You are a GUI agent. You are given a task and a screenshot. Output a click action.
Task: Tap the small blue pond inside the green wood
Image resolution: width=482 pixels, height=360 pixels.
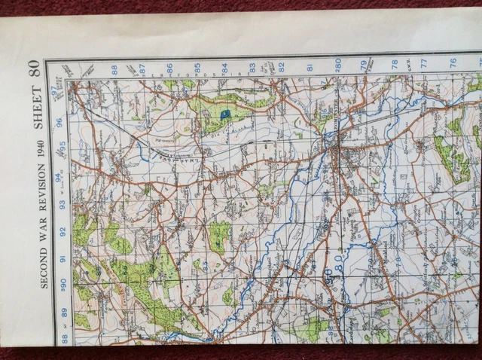pos(225,113)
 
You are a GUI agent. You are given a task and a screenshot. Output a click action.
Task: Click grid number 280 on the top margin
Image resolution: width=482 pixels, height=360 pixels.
pos(337,66)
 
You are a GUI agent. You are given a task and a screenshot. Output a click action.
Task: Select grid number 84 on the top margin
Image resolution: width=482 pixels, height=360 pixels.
pos(224,69)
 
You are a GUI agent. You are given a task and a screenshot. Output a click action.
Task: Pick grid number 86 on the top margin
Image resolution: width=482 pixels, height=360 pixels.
pos(170,69)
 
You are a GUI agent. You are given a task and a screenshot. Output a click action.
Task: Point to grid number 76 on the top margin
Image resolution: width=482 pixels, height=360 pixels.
pos(453,64)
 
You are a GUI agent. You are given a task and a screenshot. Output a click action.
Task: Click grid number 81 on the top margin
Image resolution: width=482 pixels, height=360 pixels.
pos(310,68)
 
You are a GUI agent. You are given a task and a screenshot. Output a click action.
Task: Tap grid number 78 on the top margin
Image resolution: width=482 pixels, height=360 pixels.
pos(395,65)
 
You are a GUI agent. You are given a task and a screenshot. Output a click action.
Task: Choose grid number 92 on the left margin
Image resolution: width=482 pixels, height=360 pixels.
pos(63,231)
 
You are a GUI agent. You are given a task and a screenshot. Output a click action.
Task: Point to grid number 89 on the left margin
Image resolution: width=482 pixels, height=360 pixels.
pos(64,312)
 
